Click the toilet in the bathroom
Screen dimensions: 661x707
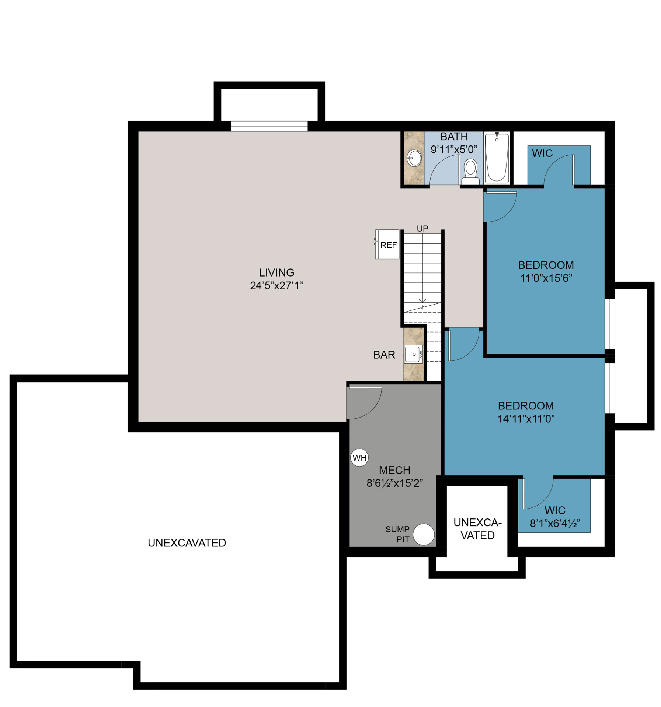[470, 172]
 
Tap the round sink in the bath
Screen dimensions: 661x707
[414, 158]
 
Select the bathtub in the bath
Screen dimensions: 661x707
[497, 158]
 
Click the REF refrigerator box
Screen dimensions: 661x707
[387, 245]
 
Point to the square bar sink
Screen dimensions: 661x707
[413, 354]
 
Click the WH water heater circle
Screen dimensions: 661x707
[359, 458]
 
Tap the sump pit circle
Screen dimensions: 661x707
[424, 534]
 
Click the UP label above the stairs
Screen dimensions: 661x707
[422, 229]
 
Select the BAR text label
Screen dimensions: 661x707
[384, 355]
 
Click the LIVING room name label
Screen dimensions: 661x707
[276, 272]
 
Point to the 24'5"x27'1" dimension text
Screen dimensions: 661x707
[276, 285]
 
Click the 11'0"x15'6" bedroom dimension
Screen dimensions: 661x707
[546, 278]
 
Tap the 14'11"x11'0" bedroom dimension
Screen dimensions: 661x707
[526, 419]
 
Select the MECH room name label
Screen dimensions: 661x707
[394, 470]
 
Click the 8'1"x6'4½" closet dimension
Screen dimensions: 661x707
[555, 523]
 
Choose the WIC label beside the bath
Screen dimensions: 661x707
[542, 153]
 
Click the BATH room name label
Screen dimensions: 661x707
[454, 137]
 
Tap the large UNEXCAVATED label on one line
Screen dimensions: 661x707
[187, 543]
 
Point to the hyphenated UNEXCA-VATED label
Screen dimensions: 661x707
[477, 529]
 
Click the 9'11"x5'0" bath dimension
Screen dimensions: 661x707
[454, 150]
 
